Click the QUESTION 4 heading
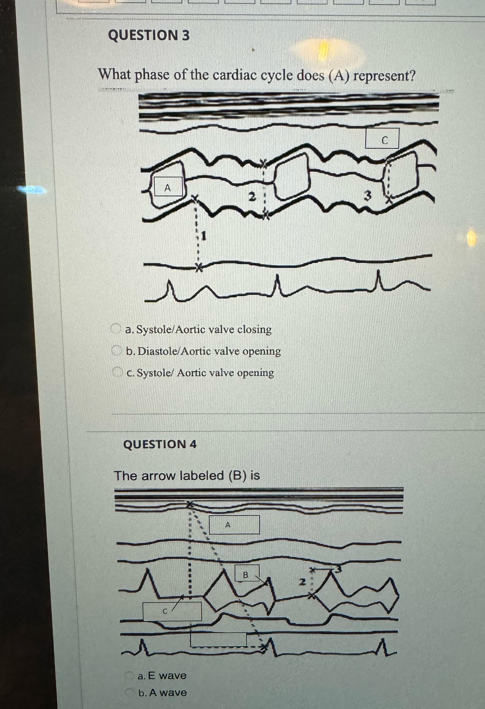pyautogui.click(x=160, y=444)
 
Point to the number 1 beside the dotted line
pyautogui.click(x=204, y=236)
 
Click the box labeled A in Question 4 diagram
pyautogui.click(x=234, y=525)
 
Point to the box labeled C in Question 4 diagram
pyautogui.click(x=172, y=611)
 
